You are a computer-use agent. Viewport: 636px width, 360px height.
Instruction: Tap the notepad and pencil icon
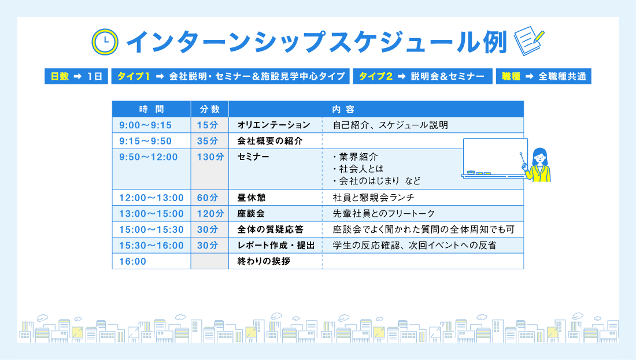(x=528, y=41)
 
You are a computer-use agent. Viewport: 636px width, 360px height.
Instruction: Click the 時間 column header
(x=151, y=109)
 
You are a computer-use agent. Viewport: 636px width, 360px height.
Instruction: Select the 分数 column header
(x=209, y=109)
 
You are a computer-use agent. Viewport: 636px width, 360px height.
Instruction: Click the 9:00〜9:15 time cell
(x=145, y=125)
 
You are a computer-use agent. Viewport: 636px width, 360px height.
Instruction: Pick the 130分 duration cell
(x=209, y=157)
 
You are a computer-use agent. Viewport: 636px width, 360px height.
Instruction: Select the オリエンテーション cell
(x=274, y=125)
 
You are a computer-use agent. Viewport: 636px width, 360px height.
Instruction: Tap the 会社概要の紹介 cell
(x=270, y=141)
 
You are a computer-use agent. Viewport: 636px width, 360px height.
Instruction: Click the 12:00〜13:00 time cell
(x=151, y=198)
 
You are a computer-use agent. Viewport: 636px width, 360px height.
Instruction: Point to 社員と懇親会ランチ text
(x=374, y=198)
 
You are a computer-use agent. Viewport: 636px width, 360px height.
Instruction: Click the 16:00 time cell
(x=132, y=261)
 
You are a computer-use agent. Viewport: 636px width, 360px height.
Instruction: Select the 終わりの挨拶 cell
(x=264, y=261)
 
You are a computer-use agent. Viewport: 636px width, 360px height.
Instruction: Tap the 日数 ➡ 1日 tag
(x=76, y=76)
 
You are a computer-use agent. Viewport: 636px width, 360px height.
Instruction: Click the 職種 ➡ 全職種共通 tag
(x=543, y=76)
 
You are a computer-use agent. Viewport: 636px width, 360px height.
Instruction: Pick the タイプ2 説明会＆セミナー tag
(x=421, y=76)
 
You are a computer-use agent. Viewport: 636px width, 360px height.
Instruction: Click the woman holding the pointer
(x=539, y=165)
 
